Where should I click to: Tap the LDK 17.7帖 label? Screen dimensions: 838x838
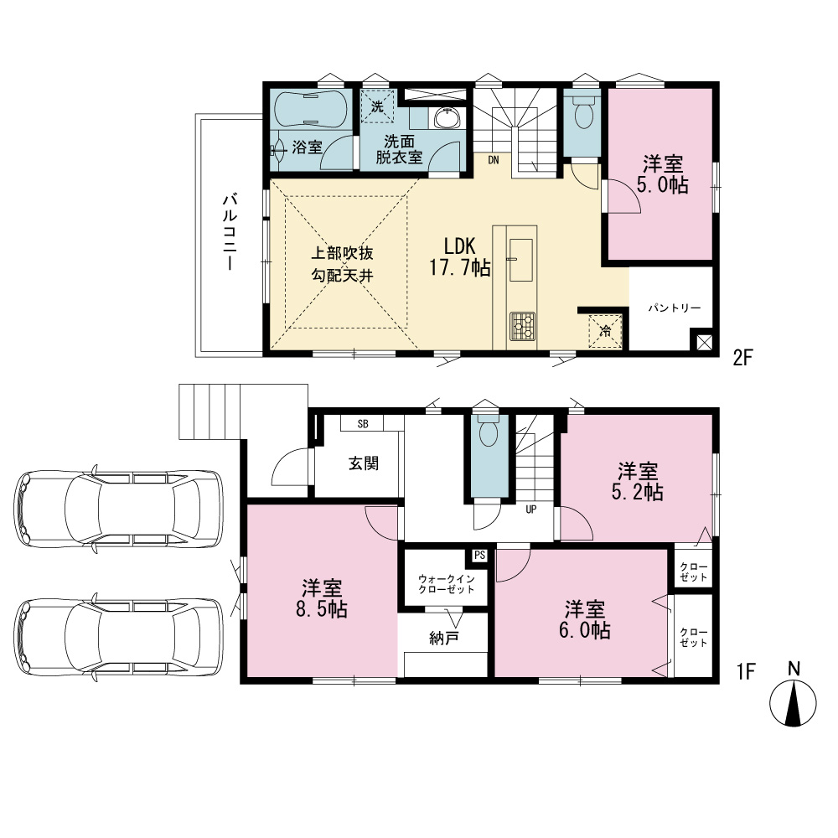pyautogui.click(x=460, y=257)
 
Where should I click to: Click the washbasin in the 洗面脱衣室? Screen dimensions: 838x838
pyautogui.click(x=447, y=118)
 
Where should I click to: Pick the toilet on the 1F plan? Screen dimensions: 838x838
pyautogui.click(x=489, y=432)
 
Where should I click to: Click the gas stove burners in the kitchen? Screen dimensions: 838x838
pyautogui.click(x=523, y=326)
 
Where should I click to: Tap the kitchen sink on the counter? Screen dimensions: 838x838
pyautogui.click(x=520, y=260)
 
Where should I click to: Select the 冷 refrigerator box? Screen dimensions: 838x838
pyautogui.click(x=605, y=331)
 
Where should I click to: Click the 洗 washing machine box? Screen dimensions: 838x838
pyautogui.click(x=377, y=106)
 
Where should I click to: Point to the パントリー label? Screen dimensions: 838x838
pyautogui.click(x=675, y=308)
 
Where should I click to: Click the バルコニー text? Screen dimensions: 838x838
pyautogui.click(x=230, y=232)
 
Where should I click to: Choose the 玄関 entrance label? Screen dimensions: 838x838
pyautogui.click(x=364, y=463)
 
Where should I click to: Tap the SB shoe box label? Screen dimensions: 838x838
pyautogui.click(x=363, y=424)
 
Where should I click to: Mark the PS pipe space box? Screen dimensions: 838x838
pyautogui.click(x=479, y=556)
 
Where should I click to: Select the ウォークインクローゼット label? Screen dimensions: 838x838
pyautogui.click(x=447, y=584)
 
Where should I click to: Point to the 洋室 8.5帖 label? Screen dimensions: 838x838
pyautogui.click(x=322, y=598)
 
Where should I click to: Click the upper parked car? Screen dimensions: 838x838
pyautogui.click(x=118, y=509)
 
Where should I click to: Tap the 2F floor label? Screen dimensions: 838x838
pyautogui.click(x=742, y=358)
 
